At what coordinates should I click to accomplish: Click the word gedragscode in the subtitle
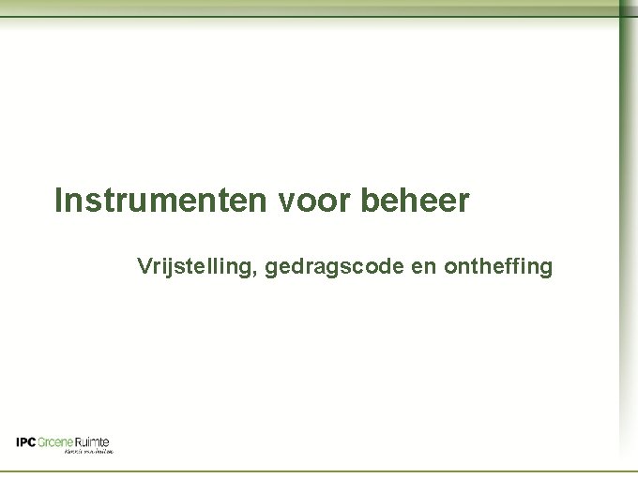[337, 268]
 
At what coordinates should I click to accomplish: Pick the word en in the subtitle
[424, 268]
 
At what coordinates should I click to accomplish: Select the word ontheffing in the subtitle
[498, 267]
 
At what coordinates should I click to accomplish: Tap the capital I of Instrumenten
[59, 201]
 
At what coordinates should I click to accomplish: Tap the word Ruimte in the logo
[92, 442]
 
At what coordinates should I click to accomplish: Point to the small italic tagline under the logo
[89, 452]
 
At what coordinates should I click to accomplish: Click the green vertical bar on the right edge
[628, 234]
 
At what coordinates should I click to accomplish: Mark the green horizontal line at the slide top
[310, 17]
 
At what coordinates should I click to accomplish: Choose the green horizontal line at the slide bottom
[310, 471]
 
